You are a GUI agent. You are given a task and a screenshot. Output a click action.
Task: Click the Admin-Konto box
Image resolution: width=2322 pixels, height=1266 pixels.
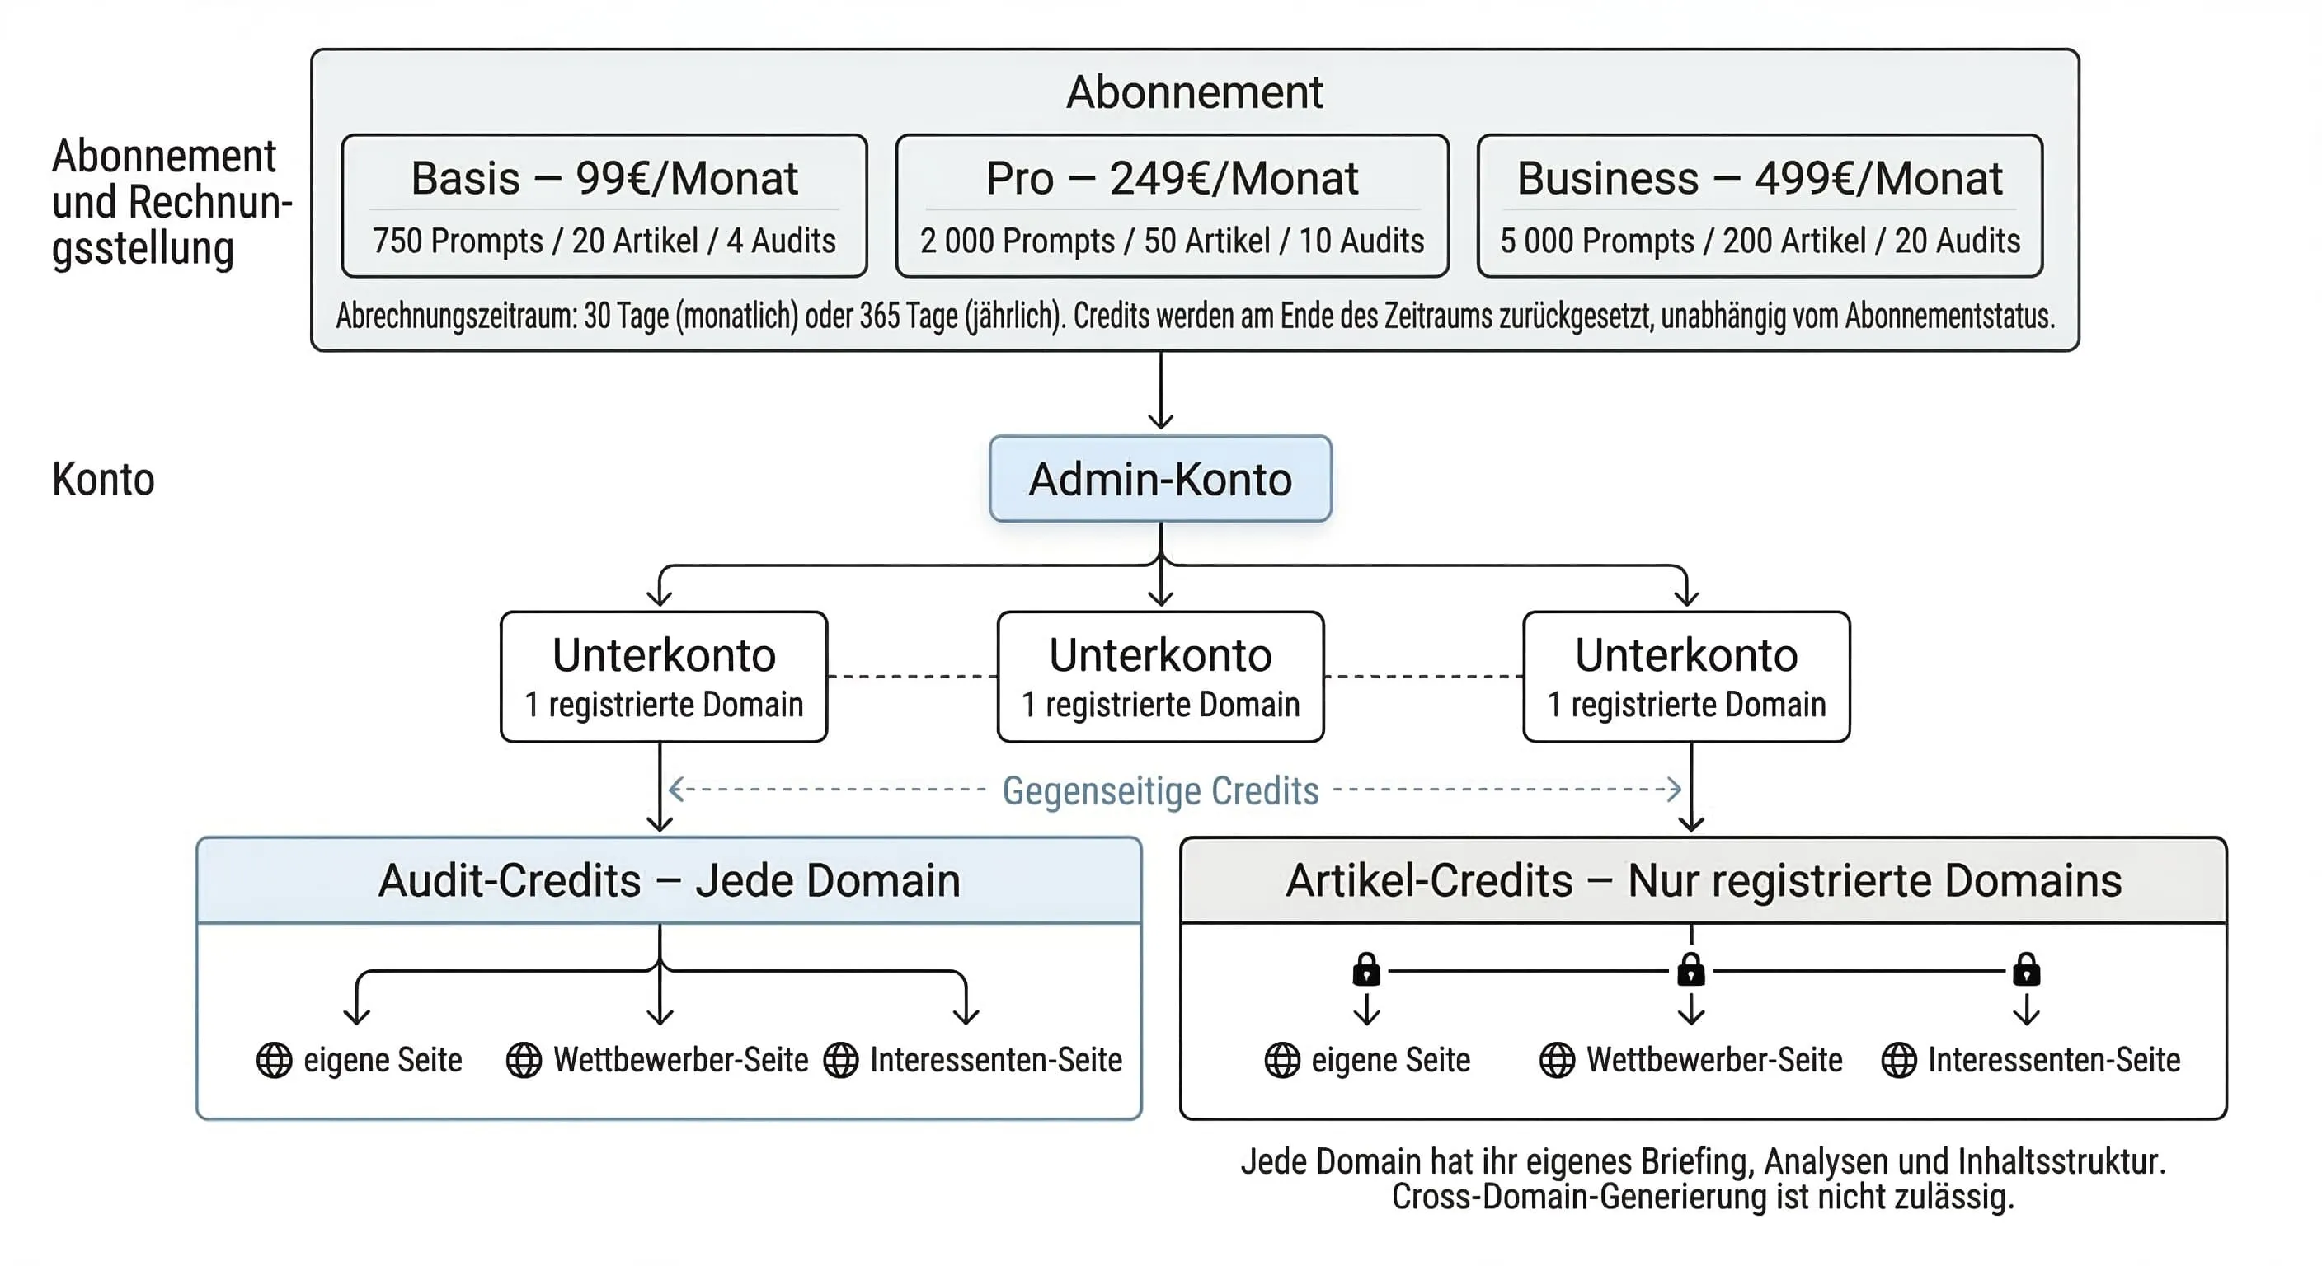[x=1160, y=479]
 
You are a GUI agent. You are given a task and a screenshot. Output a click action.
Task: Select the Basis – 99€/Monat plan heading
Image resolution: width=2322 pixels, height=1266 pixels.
[x=604, y=177]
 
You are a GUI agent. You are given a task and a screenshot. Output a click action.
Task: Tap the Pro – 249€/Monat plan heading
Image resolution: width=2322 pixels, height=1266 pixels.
[x=1171, y=177]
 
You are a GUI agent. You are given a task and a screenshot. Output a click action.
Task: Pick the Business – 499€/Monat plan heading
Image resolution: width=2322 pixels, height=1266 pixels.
[x=1759, y=177]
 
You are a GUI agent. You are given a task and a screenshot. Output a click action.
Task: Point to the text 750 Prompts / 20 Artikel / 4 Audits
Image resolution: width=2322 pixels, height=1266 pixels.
[x=604, y=241]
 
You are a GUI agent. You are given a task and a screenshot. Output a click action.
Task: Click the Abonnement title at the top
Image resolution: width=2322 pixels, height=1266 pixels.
[x=1193, y=92]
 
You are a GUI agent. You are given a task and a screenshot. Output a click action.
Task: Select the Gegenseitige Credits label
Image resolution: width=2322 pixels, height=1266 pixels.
[x=1160, y=790]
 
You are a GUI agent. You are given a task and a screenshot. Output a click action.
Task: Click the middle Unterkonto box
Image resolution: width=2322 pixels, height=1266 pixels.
[x=1160, y=677]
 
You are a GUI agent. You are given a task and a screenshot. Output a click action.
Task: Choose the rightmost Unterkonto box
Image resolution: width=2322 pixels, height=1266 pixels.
[x=1685, y=677]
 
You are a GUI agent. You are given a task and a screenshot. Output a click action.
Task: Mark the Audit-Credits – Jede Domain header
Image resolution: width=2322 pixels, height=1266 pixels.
[x=669, y=880]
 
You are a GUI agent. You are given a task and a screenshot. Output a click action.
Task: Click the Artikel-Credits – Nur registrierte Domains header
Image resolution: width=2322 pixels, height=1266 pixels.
[x=1703, y=880]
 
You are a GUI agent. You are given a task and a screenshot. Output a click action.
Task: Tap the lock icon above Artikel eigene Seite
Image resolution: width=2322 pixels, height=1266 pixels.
[x=1366, y=969]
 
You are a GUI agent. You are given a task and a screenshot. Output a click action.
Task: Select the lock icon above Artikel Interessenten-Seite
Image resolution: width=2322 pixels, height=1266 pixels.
[x=2026, y=969]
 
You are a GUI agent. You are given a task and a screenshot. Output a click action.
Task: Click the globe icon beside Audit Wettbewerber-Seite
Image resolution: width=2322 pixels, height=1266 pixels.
[x=524, y=1060]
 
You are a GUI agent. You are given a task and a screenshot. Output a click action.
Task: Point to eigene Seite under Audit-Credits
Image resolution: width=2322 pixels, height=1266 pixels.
[x=383, y=1060]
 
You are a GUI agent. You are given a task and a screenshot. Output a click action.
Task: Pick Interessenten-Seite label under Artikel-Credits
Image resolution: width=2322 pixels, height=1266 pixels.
[x=2053, y=1060]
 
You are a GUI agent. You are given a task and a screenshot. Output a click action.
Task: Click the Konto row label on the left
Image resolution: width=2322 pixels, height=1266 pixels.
[x=103, y=479]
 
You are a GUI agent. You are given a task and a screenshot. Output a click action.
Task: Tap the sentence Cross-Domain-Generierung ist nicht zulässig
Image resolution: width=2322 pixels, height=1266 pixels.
[x=1702, y=1198]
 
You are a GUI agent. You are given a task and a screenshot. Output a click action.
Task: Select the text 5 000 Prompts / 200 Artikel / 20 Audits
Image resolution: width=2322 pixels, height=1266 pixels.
[x=1759, y=241]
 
